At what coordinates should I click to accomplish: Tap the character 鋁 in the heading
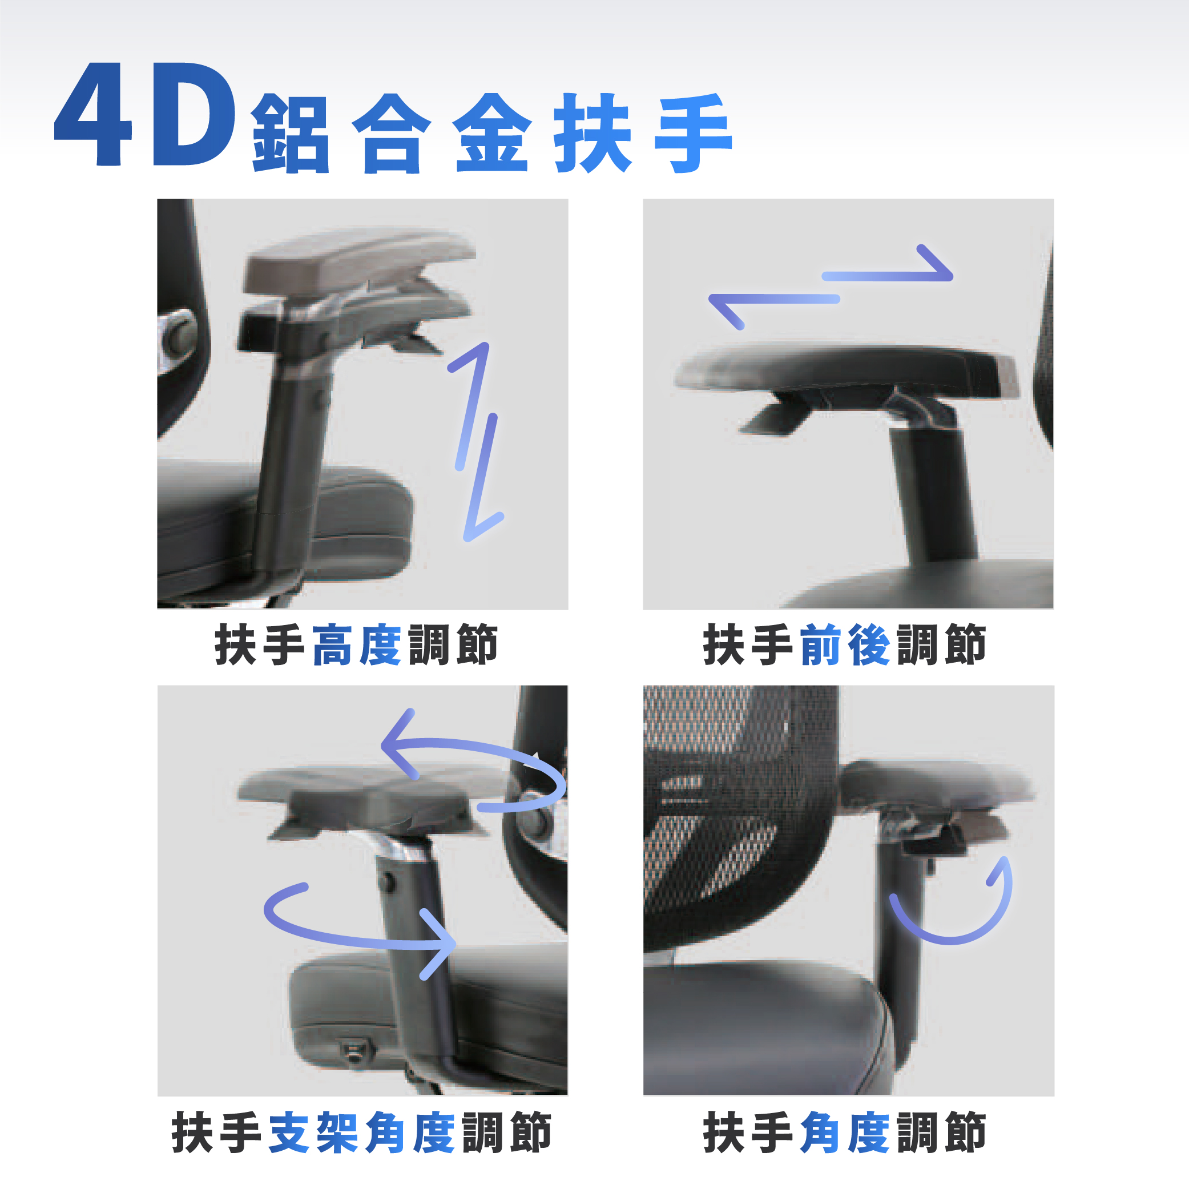point(291,134)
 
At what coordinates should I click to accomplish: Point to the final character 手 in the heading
point(694,134)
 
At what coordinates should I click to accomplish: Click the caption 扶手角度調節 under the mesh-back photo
point(844,1132)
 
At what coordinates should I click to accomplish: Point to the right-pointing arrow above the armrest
point(888,271)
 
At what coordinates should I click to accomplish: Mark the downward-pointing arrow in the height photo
point(483,478)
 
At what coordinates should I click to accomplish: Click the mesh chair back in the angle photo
point(739,819)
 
